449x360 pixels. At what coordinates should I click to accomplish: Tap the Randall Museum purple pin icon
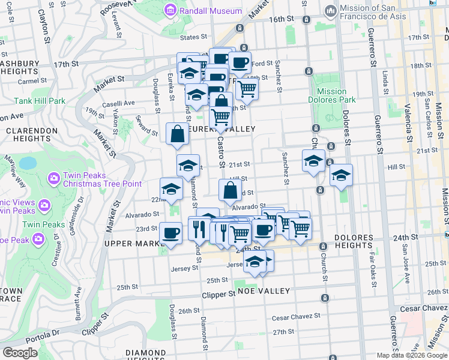coord(171,11)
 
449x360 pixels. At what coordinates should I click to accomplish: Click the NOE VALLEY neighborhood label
coord(264,290)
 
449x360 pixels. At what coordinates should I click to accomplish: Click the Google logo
coord(20,353)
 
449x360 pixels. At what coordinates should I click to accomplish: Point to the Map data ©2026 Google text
coord(412,355)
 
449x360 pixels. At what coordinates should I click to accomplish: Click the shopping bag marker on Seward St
coord(178,134)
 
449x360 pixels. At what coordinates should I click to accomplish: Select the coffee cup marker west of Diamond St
coord(170,233)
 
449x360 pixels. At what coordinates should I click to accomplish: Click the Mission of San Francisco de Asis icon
coord(330,11)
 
